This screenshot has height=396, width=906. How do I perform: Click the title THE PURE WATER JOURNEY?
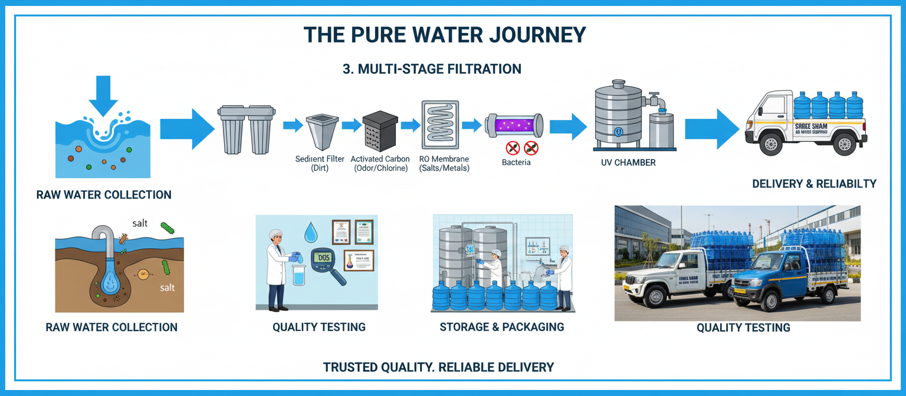coord(445,35)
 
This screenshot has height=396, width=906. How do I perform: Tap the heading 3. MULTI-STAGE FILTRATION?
coord(432,69)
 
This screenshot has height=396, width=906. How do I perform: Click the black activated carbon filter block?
coord(380,131)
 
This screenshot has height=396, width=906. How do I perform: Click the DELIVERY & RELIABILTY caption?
coord(814,184)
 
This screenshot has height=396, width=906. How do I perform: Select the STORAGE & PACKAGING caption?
coord(502,326)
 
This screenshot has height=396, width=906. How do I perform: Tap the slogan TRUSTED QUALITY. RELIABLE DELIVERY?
coord(438,367)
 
